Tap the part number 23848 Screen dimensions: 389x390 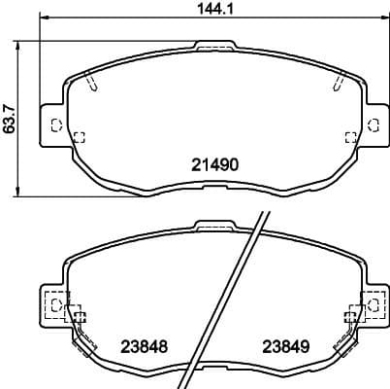coord(141,347)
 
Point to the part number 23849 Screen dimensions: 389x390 coord(282,347)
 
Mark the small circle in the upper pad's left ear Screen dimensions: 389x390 coord(54,124)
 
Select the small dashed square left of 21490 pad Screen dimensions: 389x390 coord(80,136)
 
